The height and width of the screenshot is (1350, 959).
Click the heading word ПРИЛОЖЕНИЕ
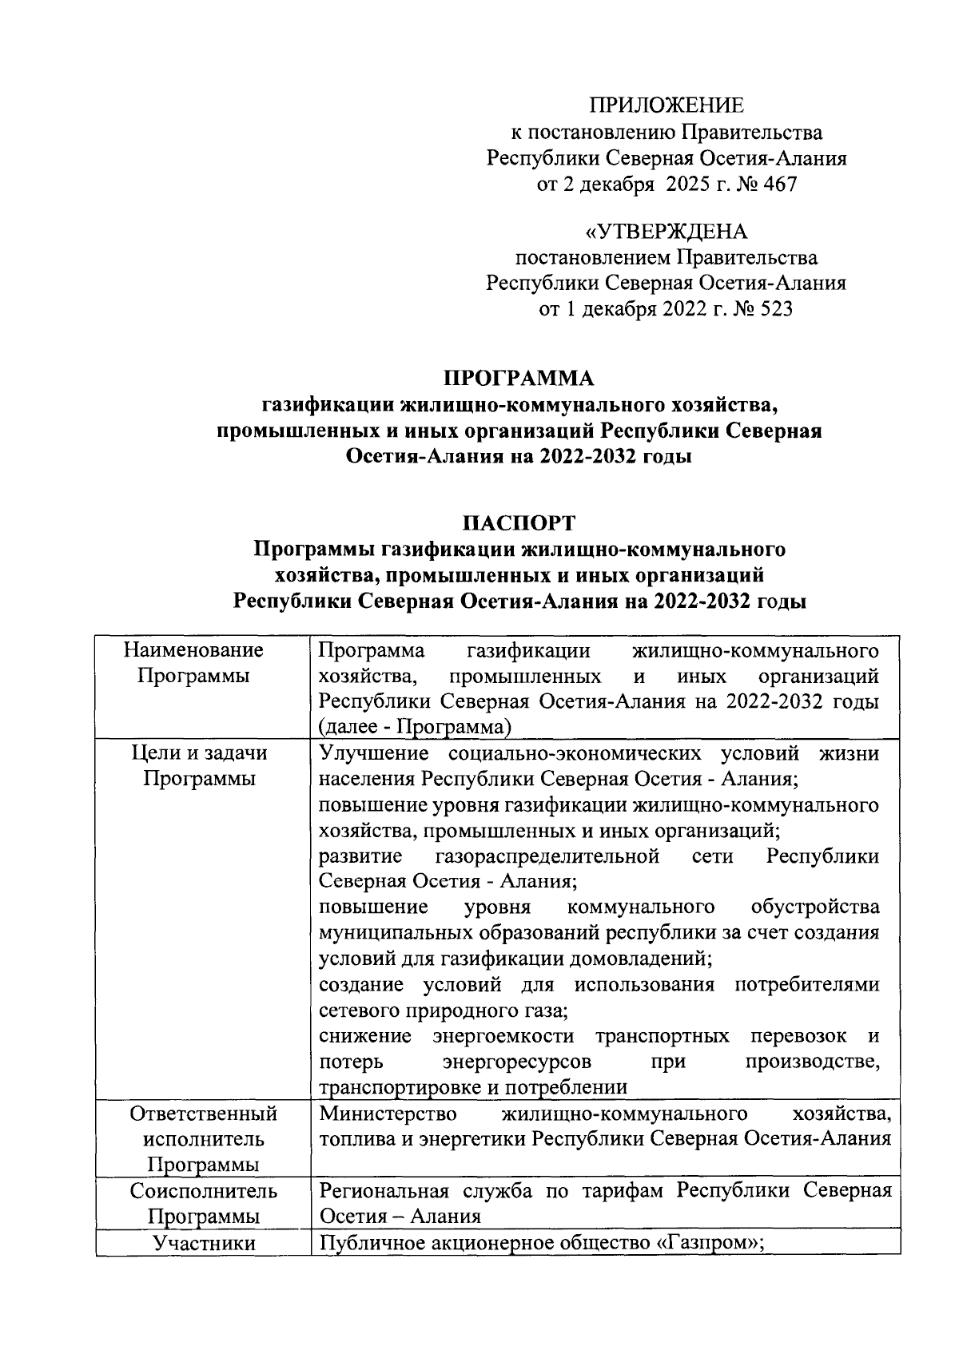pos(667,105)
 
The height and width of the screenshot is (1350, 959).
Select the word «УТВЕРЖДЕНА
pos(667,232)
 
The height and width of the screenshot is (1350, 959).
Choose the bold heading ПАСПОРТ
pos(519,523)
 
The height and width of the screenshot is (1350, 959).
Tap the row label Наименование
pos(193,650)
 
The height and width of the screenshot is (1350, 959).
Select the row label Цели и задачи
pos(200,753)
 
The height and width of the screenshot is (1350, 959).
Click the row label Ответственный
pos(203,1114)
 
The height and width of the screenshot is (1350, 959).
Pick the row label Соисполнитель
pos(203,1191)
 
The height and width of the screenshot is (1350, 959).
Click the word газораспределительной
pos(547,856)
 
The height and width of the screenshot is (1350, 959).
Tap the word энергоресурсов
pos(516,1062)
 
